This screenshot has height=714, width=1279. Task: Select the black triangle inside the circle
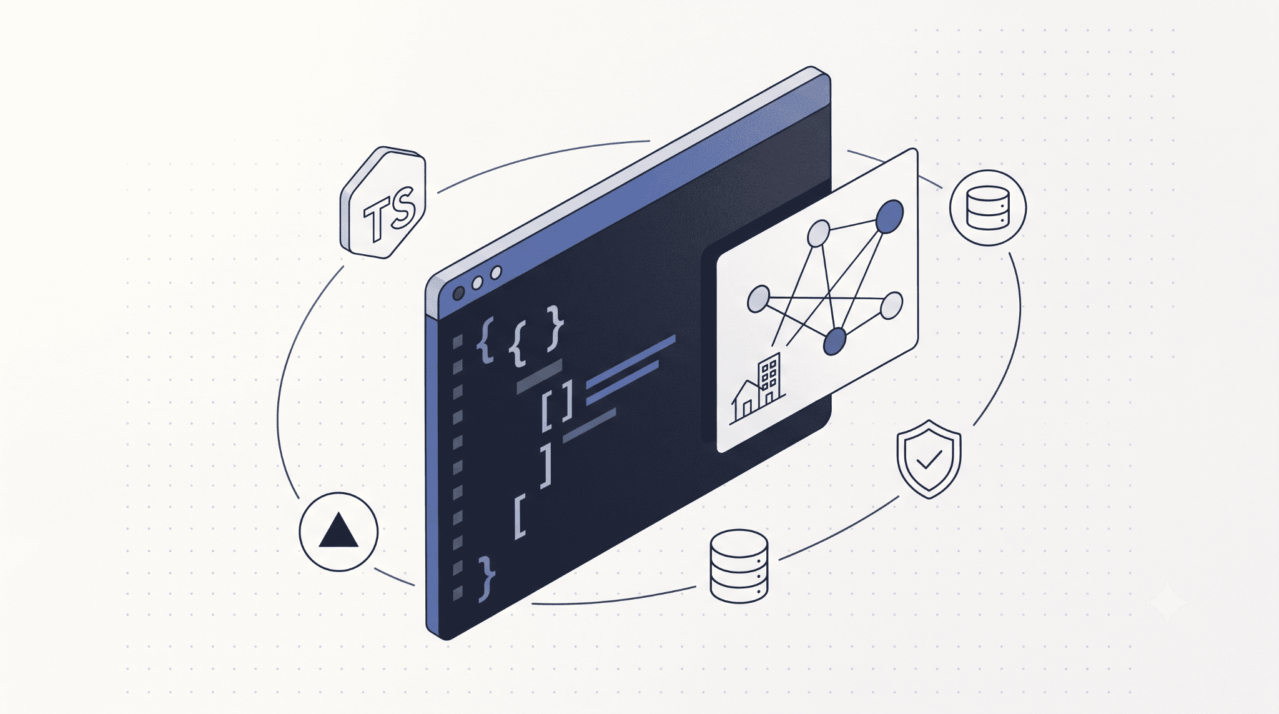coord(338,530)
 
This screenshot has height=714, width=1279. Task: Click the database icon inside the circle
coord(987,207)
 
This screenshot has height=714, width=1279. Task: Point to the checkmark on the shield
coord(929,460)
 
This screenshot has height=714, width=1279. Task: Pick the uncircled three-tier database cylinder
coord(739,566)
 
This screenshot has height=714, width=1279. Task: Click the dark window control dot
coord(458,293)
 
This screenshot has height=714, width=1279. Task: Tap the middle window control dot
coord(477,283)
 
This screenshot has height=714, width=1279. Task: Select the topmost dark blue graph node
coord(889,216)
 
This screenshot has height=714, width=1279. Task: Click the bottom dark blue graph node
coord(835,342)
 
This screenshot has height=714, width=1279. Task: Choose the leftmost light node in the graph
coord(758,299)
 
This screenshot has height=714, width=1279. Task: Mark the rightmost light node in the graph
coord(891,305)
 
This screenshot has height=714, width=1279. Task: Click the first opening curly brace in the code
coord(485,340)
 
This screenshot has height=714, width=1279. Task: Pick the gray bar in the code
coord(540,376)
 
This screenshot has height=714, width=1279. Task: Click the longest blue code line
coord(631,361)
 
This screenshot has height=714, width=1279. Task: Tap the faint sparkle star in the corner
coord(1167,602)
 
